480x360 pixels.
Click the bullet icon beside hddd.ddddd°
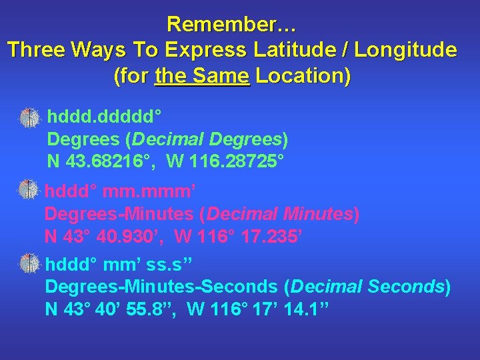30,117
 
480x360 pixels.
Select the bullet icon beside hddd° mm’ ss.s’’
30,263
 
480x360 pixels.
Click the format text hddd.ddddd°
104,119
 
